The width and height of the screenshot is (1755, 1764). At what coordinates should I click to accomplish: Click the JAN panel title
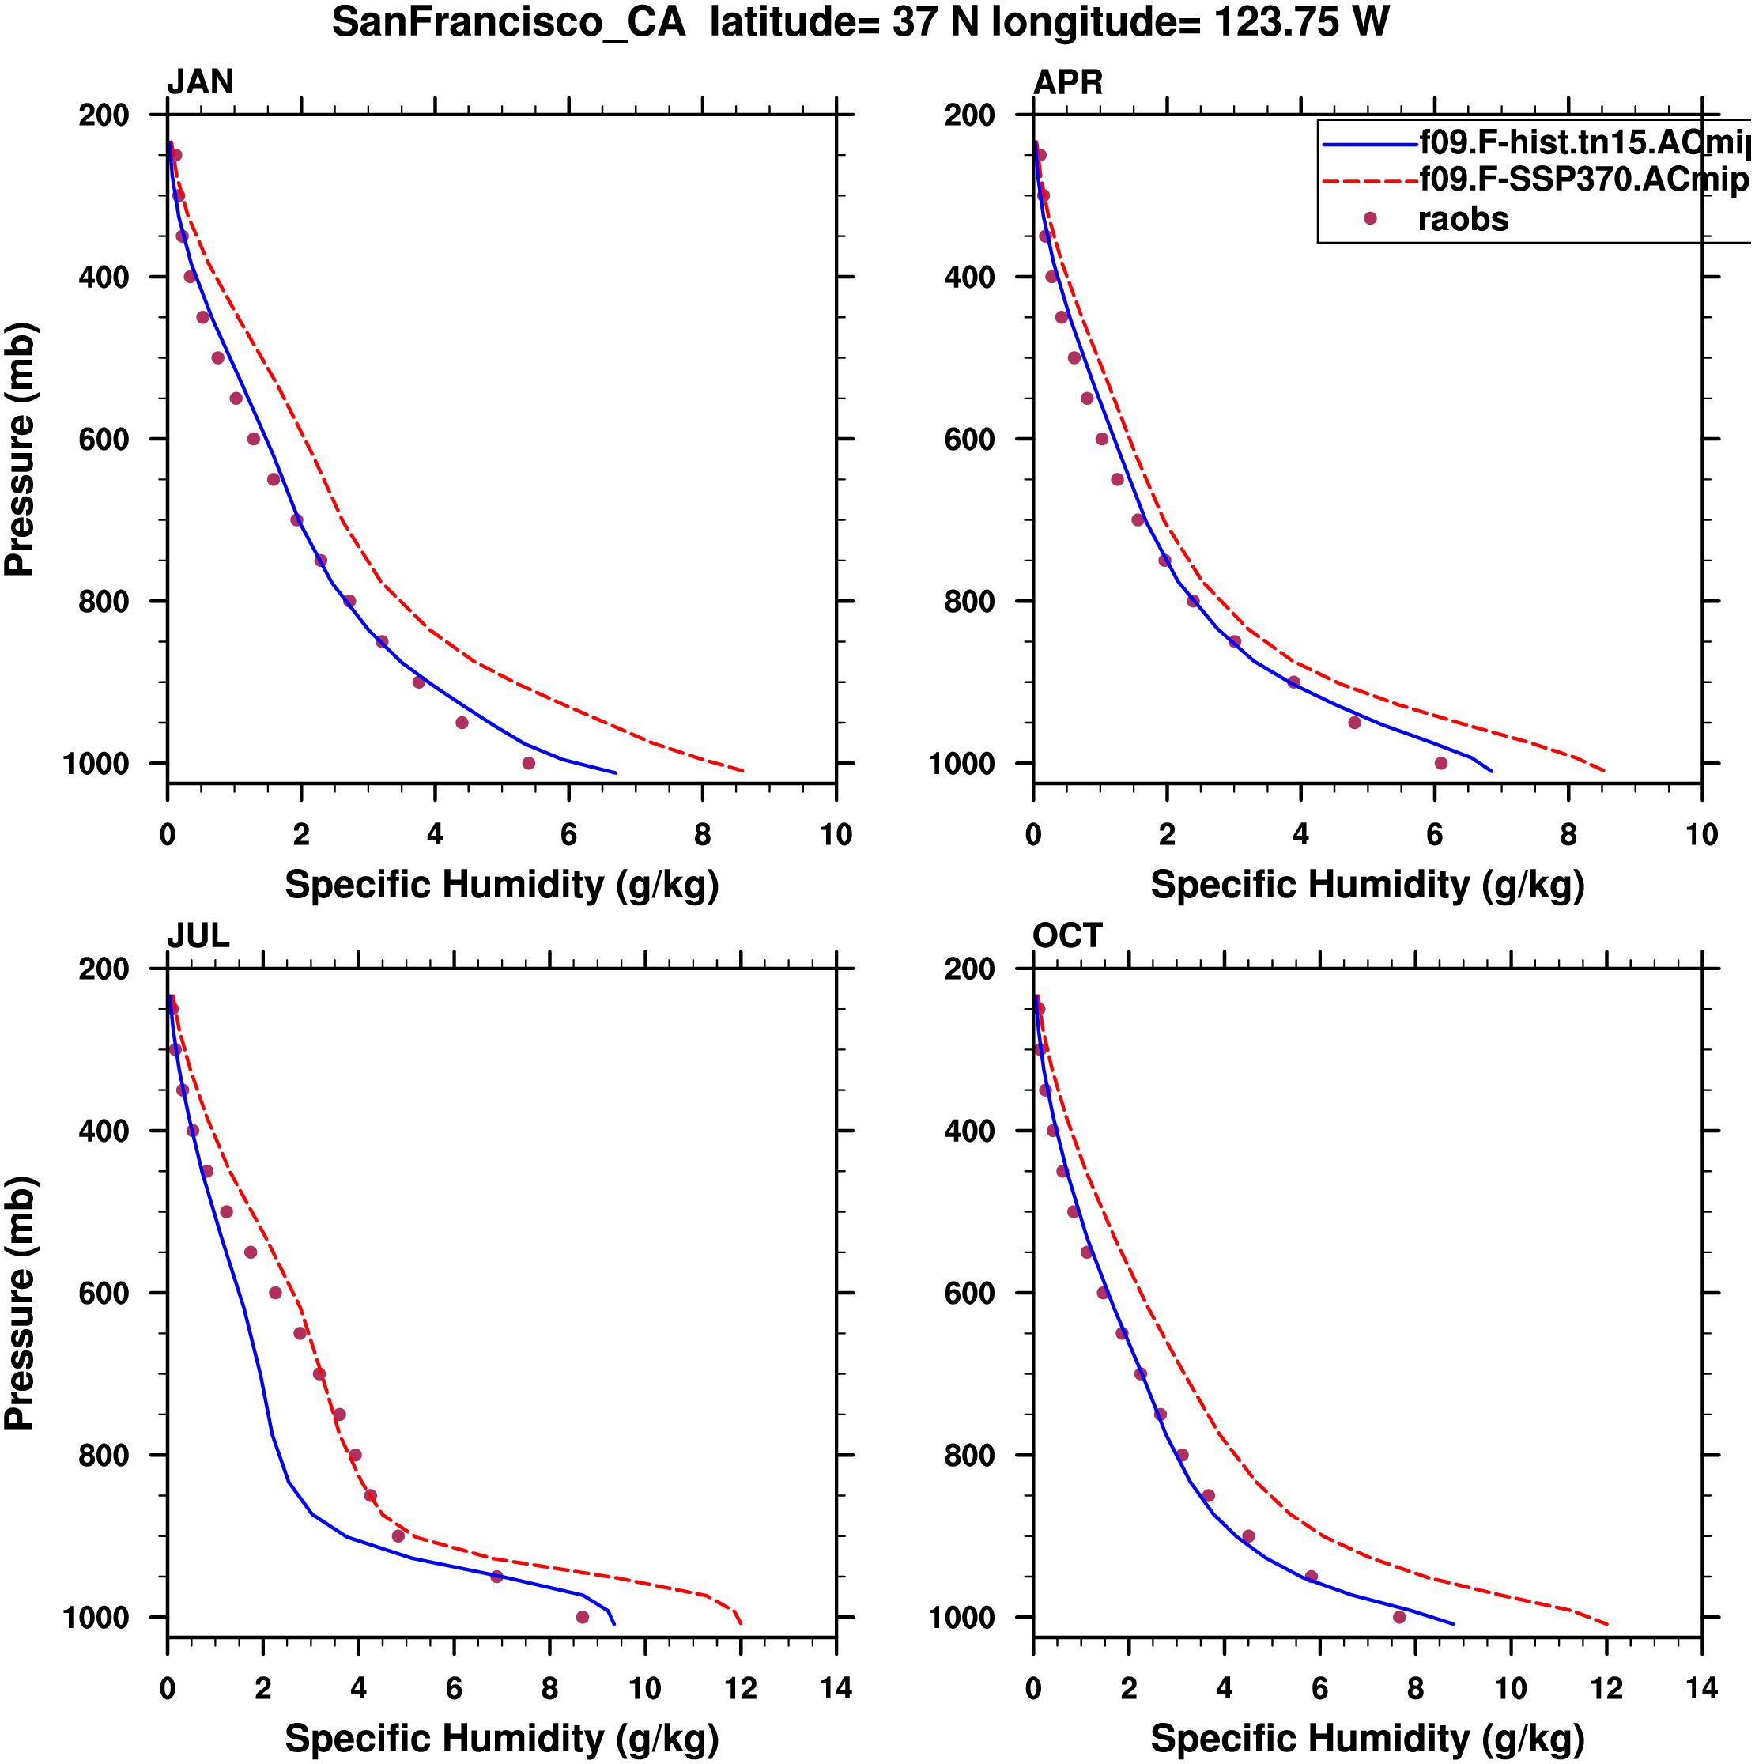click(x=200, y=82)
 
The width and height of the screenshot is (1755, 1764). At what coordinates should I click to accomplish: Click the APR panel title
click(x=1067, y=82)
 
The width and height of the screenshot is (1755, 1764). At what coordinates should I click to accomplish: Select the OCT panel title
click(x=1067, y=936)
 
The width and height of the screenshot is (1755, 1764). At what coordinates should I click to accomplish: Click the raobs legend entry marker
click(x=1370, y=218)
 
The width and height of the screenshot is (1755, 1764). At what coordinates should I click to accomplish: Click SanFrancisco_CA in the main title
click(x=508, y=22)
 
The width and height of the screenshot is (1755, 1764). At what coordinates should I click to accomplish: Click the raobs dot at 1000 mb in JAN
click(x=529, y=763)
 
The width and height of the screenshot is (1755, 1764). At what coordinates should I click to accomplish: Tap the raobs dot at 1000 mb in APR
click(x=1441, y=763)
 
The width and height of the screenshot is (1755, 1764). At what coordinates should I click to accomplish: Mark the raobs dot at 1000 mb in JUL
click(x=583, y=1617)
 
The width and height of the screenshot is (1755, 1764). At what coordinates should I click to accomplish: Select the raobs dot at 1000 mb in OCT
click(x=1399, y=1617)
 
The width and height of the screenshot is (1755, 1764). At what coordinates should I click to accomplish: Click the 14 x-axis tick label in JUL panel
click(x=836, y=1688)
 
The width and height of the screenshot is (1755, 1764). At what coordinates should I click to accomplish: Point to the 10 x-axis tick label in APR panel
click(x=1701, y=834)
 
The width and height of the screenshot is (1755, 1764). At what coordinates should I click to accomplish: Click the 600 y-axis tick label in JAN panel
click(x=104, y=439)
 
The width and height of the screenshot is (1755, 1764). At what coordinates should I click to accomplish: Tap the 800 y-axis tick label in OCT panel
click(x=969, y=1456)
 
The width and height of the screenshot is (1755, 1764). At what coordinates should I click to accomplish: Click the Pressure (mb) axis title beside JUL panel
click(x=20, y=1303)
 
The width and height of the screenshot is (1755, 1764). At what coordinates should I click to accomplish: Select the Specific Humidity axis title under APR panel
click(x=1367, y=885)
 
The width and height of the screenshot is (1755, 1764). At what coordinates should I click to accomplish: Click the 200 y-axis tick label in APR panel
click(x=969, y=115)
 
